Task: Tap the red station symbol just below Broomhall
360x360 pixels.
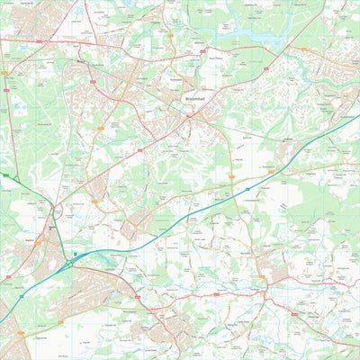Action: (x=189, y=115)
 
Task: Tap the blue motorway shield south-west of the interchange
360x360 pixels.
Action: (x=21, y=294)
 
